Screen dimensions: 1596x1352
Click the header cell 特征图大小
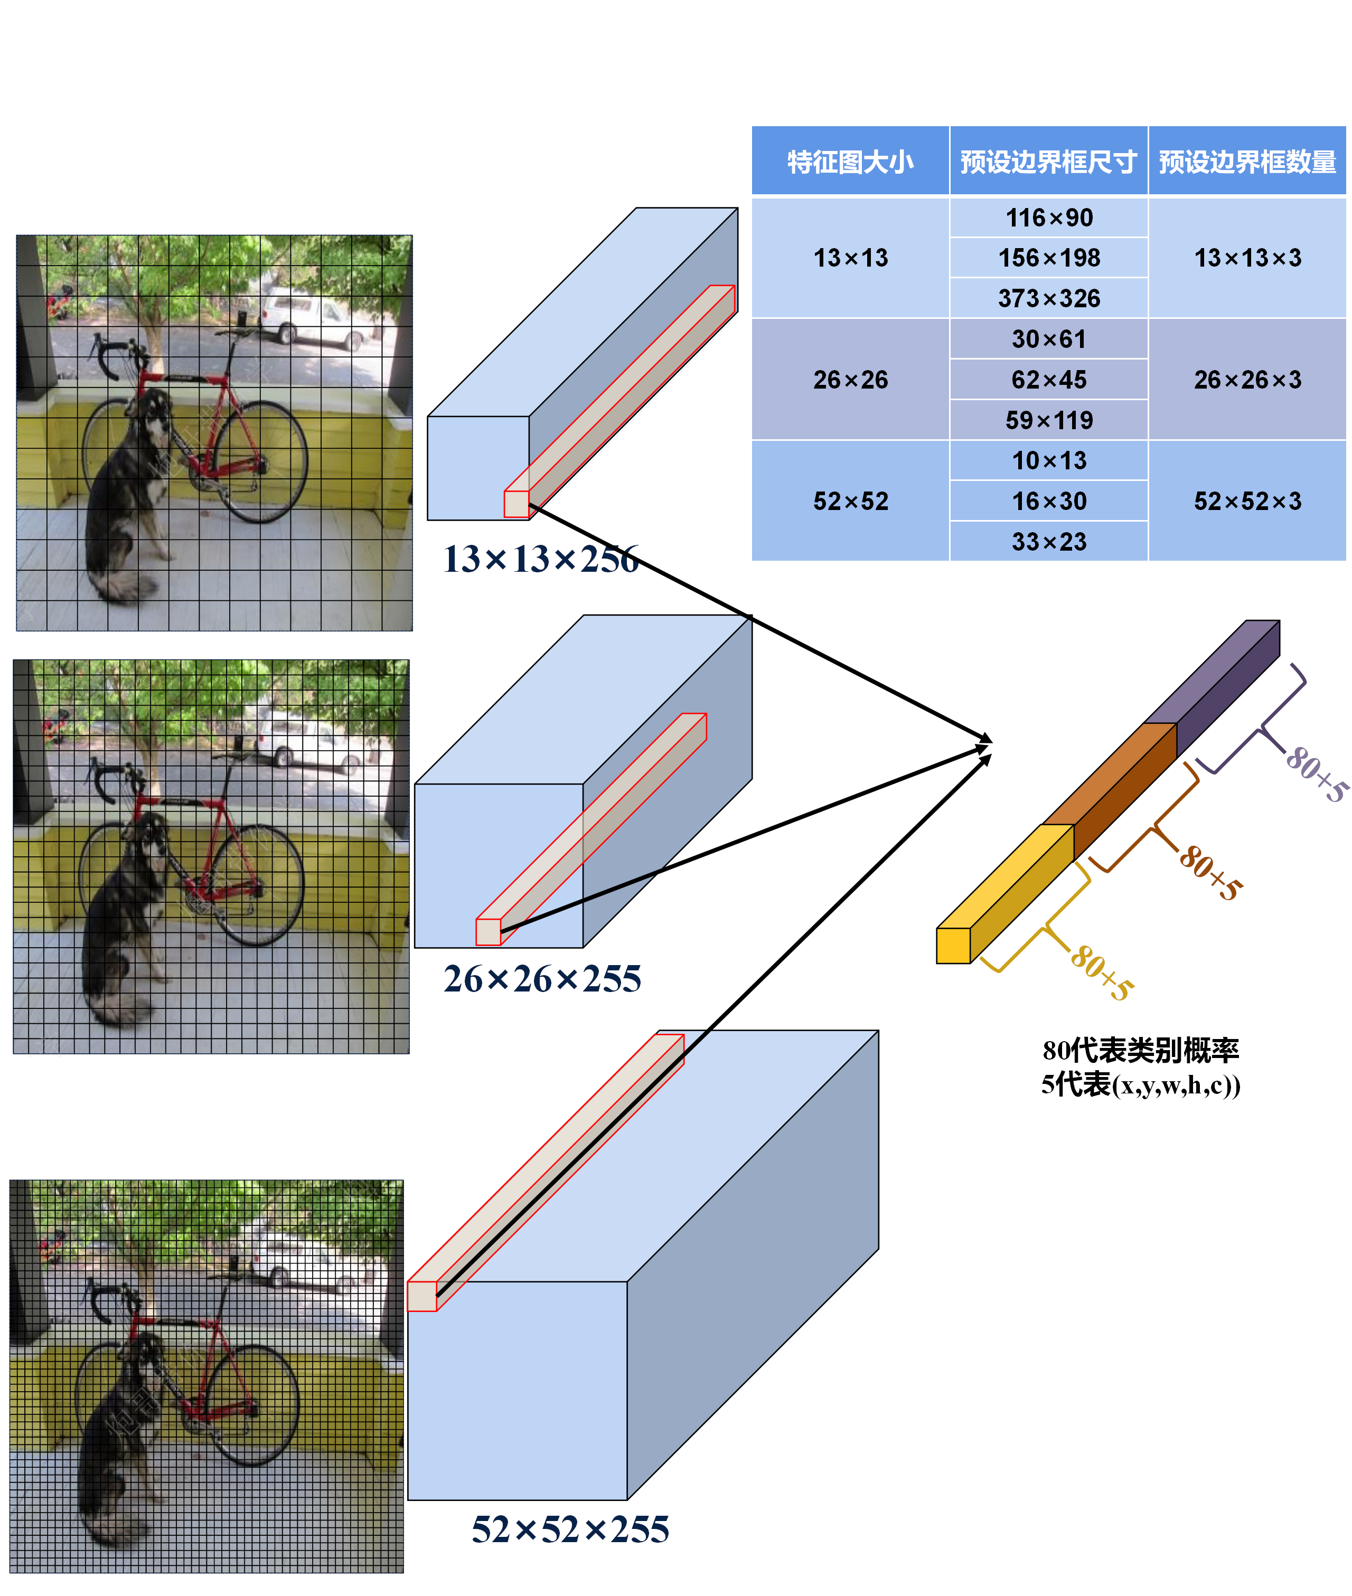(x=850, y=162)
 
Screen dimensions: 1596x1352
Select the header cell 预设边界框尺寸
(x=1048, y=162)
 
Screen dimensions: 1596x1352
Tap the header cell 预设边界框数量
(x=1247, y=162)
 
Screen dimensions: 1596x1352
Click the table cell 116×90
(x=1048, y=218)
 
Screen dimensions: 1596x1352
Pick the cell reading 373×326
(x=1048, y=298)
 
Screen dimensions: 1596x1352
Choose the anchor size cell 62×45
(x=1048, y=379)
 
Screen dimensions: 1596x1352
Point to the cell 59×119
(x=1048, y=420)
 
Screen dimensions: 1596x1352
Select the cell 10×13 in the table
(x=1048, y=460)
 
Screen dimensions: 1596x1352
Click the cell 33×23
(x=1048, y=542)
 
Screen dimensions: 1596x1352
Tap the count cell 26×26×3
(x=1247, y=379)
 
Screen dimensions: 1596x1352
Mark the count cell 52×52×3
(x=1247, y=501)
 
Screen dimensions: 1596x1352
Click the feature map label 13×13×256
(x=540, y=559)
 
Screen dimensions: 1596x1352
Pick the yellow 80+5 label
(x=1101, y=971)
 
